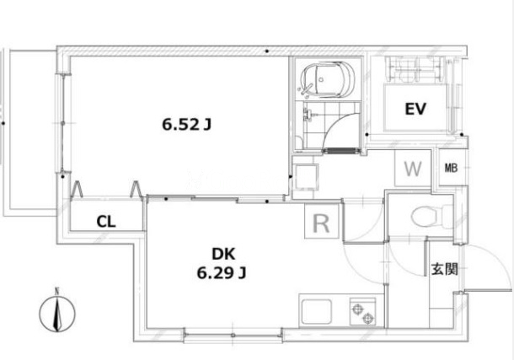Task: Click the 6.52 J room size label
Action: click(186, 125)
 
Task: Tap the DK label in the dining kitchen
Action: click(223, 254)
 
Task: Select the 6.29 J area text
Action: click(222, 273)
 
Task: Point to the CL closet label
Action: click(106, 222)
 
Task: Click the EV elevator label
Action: click(415, 109)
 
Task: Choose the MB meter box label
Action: click(451, 169)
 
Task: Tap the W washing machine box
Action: click(413, 169)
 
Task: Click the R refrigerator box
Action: click(322, 221)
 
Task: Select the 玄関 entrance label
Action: click(444, 269)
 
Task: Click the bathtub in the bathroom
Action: click(327, 79)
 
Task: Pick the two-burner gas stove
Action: click(362, 311)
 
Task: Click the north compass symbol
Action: click(57, 314)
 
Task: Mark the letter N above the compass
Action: click(57, 291)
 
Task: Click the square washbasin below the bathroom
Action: click(306, 177)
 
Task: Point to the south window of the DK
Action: click(233, 335)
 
